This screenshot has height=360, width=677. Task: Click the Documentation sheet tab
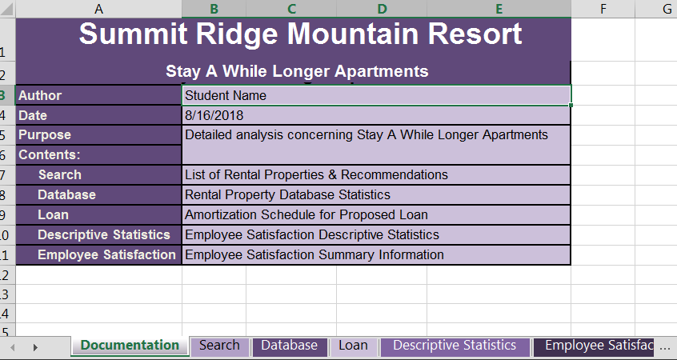[130, 346]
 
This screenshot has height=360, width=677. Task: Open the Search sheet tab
[219, 346]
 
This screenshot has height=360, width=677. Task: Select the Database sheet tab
[289, 346]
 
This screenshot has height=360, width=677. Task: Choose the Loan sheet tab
[353, 346]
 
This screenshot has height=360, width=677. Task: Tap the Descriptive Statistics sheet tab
[455, 346]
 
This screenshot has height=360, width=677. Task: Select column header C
[291, 9]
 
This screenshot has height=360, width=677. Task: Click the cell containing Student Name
[376, 95]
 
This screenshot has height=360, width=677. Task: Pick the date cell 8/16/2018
[376, 115]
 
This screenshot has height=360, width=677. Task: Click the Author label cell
[98, 95]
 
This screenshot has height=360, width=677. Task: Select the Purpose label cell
[98, 135]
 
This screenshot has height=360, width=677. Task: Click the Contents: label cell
[98, 155]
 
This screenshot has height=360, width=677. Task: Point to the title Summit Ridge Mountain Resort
[300, 35]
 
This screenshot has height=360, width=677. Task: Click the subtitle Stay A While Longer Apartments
[297, 71]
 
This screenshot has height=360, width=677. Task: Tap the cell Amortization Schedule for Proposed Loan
[376, 215]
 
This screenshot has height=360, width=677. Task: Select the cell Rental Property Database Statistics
[376, 195]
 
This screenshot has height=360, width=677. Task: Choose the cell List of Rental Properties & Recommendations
[376, 175]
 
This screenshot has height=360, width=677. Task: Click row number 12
[6, 275]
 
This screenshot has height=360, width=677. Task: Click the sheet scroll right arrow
[34, 346]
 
